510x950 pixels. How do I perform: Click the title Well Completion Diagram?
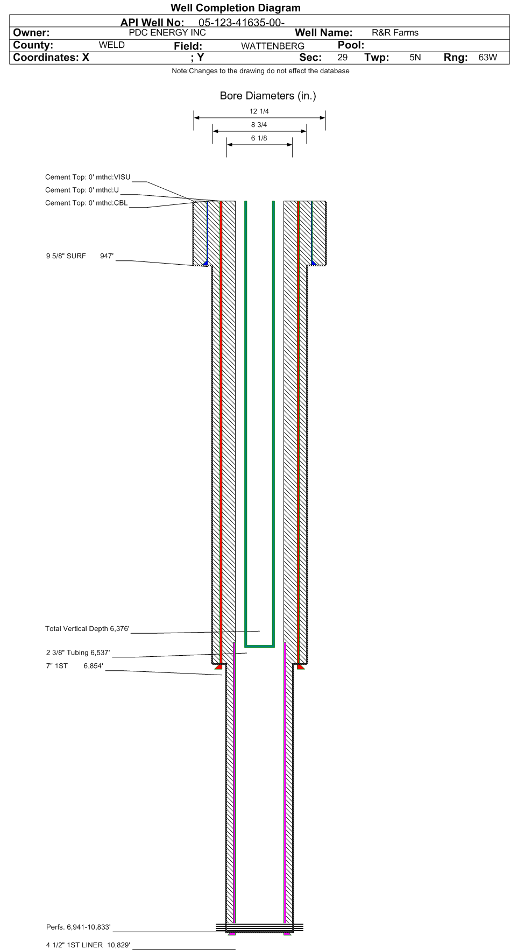click(235, 8)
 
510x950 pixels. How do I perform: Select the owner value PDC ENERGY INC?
click(167, 32)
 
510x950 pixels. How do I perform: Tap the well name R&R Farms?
click(395, 33)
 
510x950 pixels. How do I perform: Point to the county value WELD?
click(111, 45)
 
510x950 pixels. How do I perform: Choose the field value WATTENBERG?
click(272, 46)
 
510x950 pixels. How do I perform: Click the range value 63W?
click(487, 57)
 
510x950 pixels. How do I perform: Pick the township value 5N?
click(415, 57)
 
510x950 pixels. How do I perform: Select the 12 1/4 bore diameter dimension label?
click(259, 111)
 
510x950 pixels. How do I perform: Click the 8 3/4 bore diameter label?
click(259, 125)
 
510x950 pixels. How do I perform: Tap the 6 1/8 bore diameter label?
click(259, 138)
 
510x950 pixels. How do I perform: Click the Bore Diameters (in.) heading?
click(267, 96)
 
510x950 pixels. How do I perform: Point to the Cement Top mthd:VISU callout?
click(88, 177)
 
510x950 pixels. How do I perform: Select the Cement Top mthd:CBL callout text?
click(87, 203)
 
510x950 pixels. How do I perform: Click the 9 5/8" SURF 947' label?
click(80, 256)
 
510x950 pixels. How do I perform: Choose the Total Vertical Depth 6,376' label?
click(87, 629)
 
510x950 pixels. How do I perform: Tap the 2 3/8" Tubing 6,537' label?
click(78, 653)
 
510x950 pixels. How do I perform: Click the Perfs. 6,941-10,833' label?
click(79, 927)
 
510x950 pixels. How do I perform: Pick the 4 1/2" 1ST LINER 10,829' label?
click(88, 945)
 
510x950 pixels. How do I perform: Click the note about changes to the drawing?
click(260, 71)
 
